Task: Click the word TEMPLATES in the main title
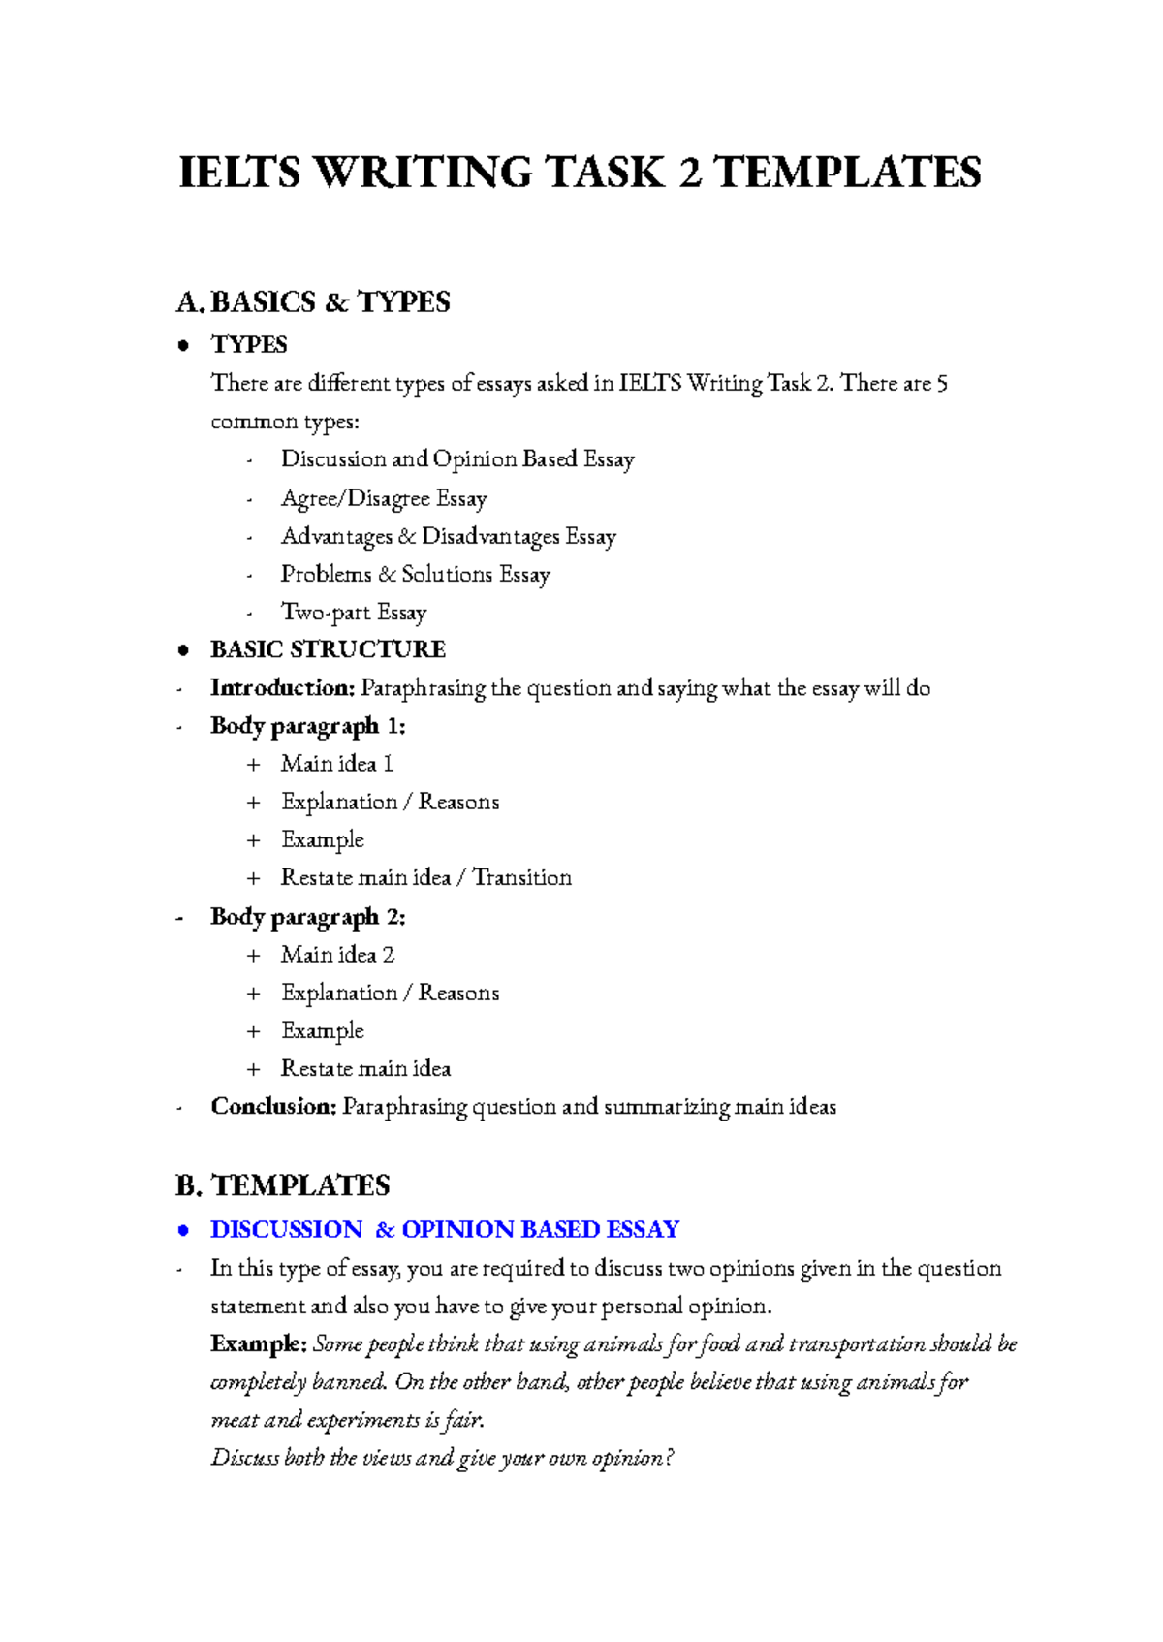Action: coord(847,173)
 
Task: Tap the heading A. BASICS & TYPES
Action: coord(313,302)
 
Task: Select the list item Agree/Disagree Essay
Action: coord(384,498)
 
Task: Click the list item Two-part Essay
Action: coord(354,613)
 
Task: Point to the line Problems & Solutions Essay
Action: coord(415,575)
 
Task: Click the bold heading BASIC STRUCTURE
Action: coord(328,649)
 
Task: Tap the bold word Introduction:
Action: coord(283,688)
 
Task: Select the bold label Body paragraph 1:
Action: coord(307,726)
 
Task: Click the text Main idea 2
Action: coord(337,955)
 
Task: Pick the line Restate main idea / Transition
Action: coord(425,878)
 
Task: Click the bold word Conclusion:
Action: coord(273,1107)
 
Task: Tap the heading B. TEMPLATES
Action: coord(283,1185)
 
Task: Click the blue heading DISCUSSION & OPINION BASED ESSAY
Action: coord(445,1230)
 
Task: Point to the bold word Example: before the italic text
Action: coord(258,1344)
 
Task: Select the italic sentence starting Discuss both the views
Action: coord(441,1459)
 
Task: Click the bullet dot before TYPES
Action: coord(182,346)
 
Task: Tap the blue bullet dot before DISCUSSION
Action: coord(182,1231)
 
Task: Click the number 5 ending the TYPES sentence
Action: coord(942,384)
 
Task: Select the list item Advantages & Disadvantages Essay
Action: coord(448,537)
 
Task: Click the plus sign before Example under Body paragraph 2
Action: coord(254,1031)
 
